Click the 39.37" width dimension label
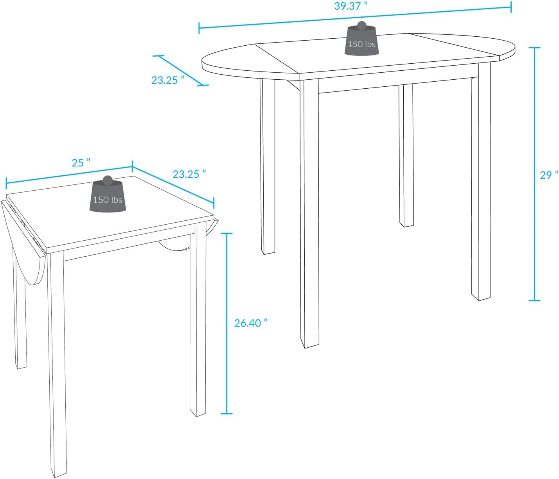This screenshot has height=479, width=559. click(350, 6)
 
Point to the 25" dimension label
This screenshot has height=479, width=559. click(81, 163)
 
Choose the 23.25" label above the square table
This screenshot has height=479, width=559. click(189, 174)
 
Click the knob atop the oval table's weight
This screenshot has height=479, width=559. click(362, 26)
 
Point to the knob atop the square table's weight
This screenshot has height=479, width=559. click(108, 180)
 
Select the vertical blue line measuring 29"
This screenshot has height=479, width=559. click(534, 174)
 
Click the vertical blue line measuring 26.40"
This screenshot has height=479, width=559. click(226, 323)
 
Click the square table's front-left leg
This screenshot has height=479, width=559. click(57, 363)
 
